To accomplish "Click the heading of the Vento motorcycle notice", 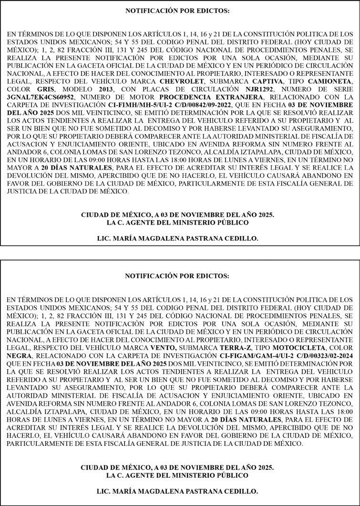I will click(177, 276).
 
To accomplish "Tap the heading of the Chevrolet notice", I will click(177, 10).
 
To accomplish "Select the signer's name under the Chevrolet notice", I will click(177, 238).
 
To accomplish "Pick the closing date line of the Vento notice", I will click(177, 468).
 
